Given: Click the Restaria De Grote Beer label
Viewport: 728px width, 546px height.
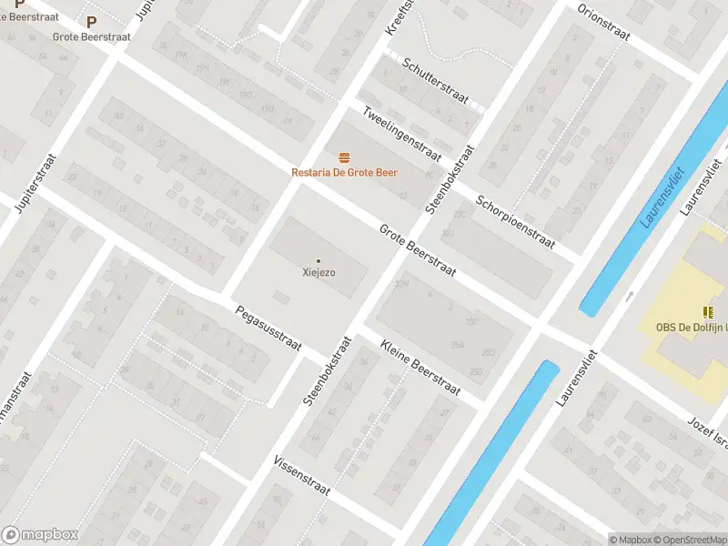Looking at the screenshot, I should pyautogui.click(x=344, y=172).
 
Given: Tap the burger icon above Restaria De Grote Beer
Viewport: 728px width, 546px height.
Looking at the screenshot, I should pyautogui.click(x=344, y=157).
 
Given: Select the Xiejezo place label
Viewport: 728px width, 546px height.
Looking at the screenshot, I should pyautogui.click(x=318, y=271).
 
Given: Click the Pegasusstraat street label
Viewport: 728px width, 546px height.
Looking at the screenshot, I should pyautogui.click(x=268, y=326).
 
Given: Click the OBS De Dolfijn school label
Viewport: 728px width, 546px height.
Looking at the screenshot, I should pyautogui.click(x=691, y=328).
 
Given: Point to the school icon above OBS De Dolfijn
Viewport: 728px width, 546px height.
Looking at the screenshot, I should pyautogui.click(x=708, y=312).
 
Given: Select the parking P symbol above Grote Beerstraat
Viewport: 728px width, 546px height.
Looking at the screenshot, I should pyautogui.click(x=90, y=21).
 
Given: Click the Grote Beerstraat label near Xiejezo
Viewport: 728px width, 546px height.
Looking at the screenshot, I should pyautogui.click(x=418, y=250).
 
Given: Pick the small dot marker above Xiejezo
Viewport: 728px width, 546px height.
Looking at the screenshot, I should pyautogui.click(x=318, y=260).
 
